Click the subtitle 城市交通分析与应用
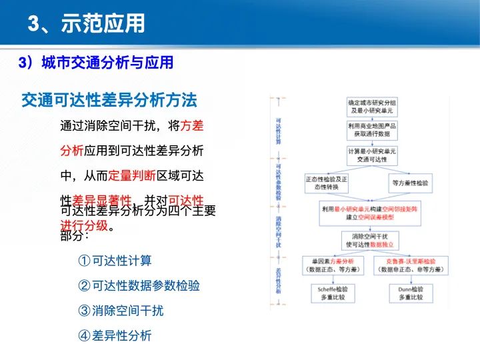tap(107, 63)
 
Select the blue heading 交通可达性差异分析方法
tap(109, 101)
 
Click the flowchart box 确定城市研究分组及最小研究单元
tap(371, 105)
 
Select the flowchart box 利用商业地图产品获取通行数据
tap(371, 129)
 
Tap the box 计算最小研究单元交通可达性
tap(371, 155)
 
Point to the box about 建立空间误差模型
tap(371, 213)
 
